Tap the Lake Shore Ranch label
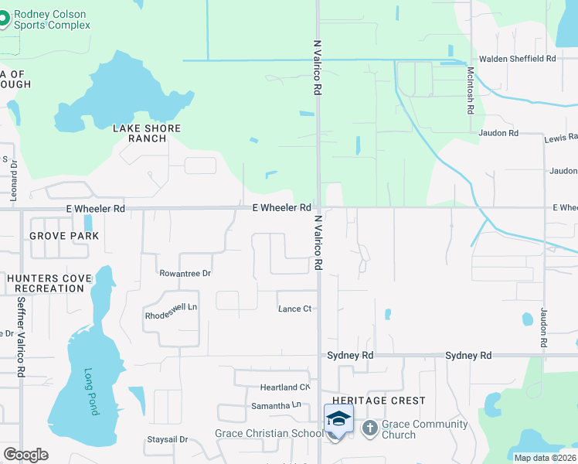point(147,134)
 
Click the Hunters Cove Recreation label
point(45,283)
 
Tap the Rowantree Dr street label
point(185,274)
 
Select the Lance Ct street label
point(294,309)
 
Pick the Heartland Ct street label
point(284,387)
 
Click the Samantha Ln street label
point(276,405)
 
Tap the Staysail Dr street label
point(167,440)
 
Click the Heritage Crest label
point(379,401)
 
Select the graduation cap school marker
point(338,419)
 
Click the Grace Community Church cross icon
point(370,428)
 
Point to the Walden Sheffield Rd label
point(517,59)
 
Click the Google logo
point(25,455)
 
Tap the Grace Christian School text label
point(268,434)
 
